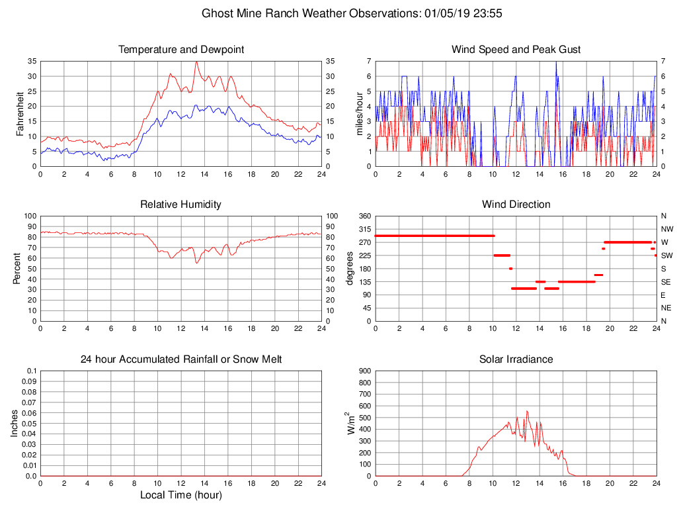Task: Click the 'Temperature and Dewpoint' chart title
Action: [x=180, y=50]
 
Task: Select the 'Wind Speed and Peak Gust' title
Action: [x=516, y=50]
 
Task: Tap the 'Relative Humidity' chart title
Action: [x=180, y=205]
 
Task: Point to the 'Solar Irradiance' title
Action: [x=516, y=359]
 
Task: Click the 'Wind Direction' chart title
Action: [x=516, y=205]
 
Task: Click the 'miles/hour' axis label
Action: [x=360, y=113]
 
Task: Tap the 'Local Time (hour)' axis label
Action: [x=180, y=495]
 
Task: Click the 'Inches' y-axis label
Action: [x=15, y=424]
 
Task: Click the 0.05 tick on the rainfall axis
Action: [x=30, y=424]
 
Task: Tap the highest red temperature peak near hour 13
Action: [x=196, y=62]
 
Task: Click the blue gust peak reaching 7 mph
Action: [x=556, y=62]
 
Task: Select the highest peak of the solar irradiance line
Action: [x=527, y=411]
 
